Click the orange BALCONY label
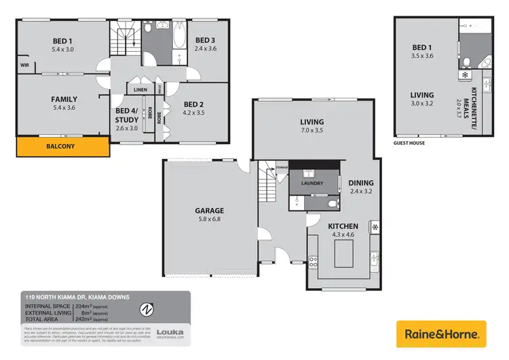click(62, 146)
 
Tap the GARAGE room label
click(210, 211)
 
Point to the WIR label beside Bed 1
click(24, 66)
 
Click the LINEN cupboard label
click(140, 90)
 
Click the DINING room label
click(360, 183)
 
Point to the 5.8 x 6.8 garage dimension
click(210, 219)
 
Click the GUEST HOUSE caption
click(410, 144)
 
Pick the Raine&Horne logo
click(442, 334)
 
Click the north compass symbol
click(144, 310)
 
